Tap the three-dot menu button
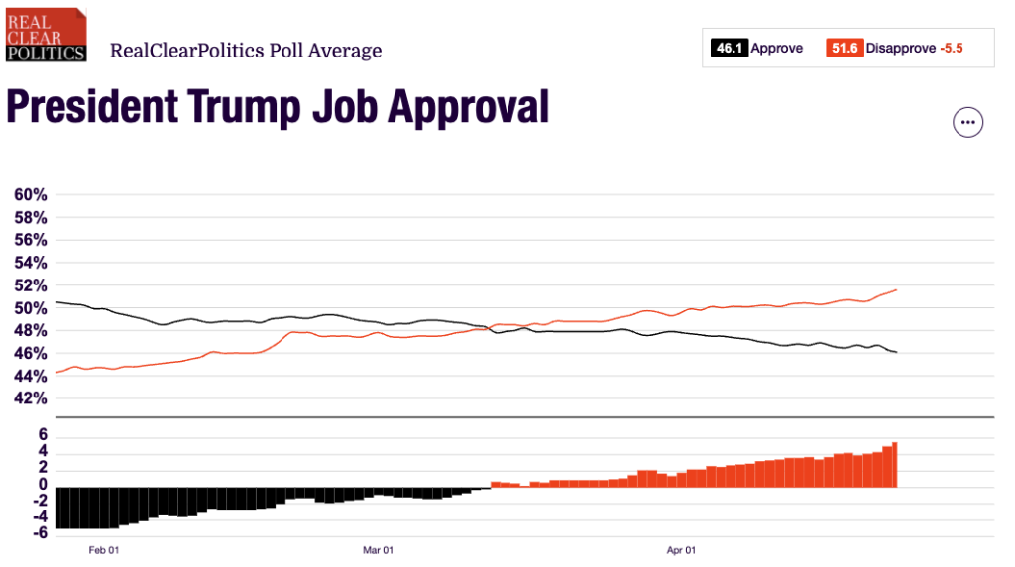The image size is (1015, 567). pyautogui.click(x=968, y=123)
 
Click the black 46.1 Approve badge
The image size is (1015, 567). pyautogui.click(x=729, y=48)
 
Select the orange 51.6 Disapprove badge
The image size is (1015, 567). pyautogui.click(x=844, y=48)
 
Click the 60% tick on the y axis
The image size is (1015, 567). pyautogui.click(x=30, y=194)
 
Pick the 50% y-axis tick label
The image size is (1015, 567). pyautogui.click(x=30, y=308)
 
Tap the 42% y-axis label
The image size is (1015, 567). pyautogui.click(x=30, y=398)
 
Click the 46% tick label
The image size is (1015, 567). pyautogui.click(x=30, y=354)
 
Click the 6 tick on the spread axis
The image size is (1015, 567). pyautogui.click(x=43, y=435)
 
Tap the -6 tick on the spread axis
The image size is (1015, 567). pyautogui.click(x=39, y=533)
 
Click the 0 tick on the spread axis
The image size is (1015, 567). pyautogui.click(x=43, y=485)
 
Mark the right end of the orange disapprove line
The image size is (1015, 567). pyautogui.click(x=896, y=289)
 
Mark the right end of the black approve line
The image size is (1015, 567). pyautogui.click(x=896, y=352)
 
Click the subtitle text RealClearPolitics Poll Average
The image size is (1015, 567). pyautogui.click(x=246, y=51)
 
